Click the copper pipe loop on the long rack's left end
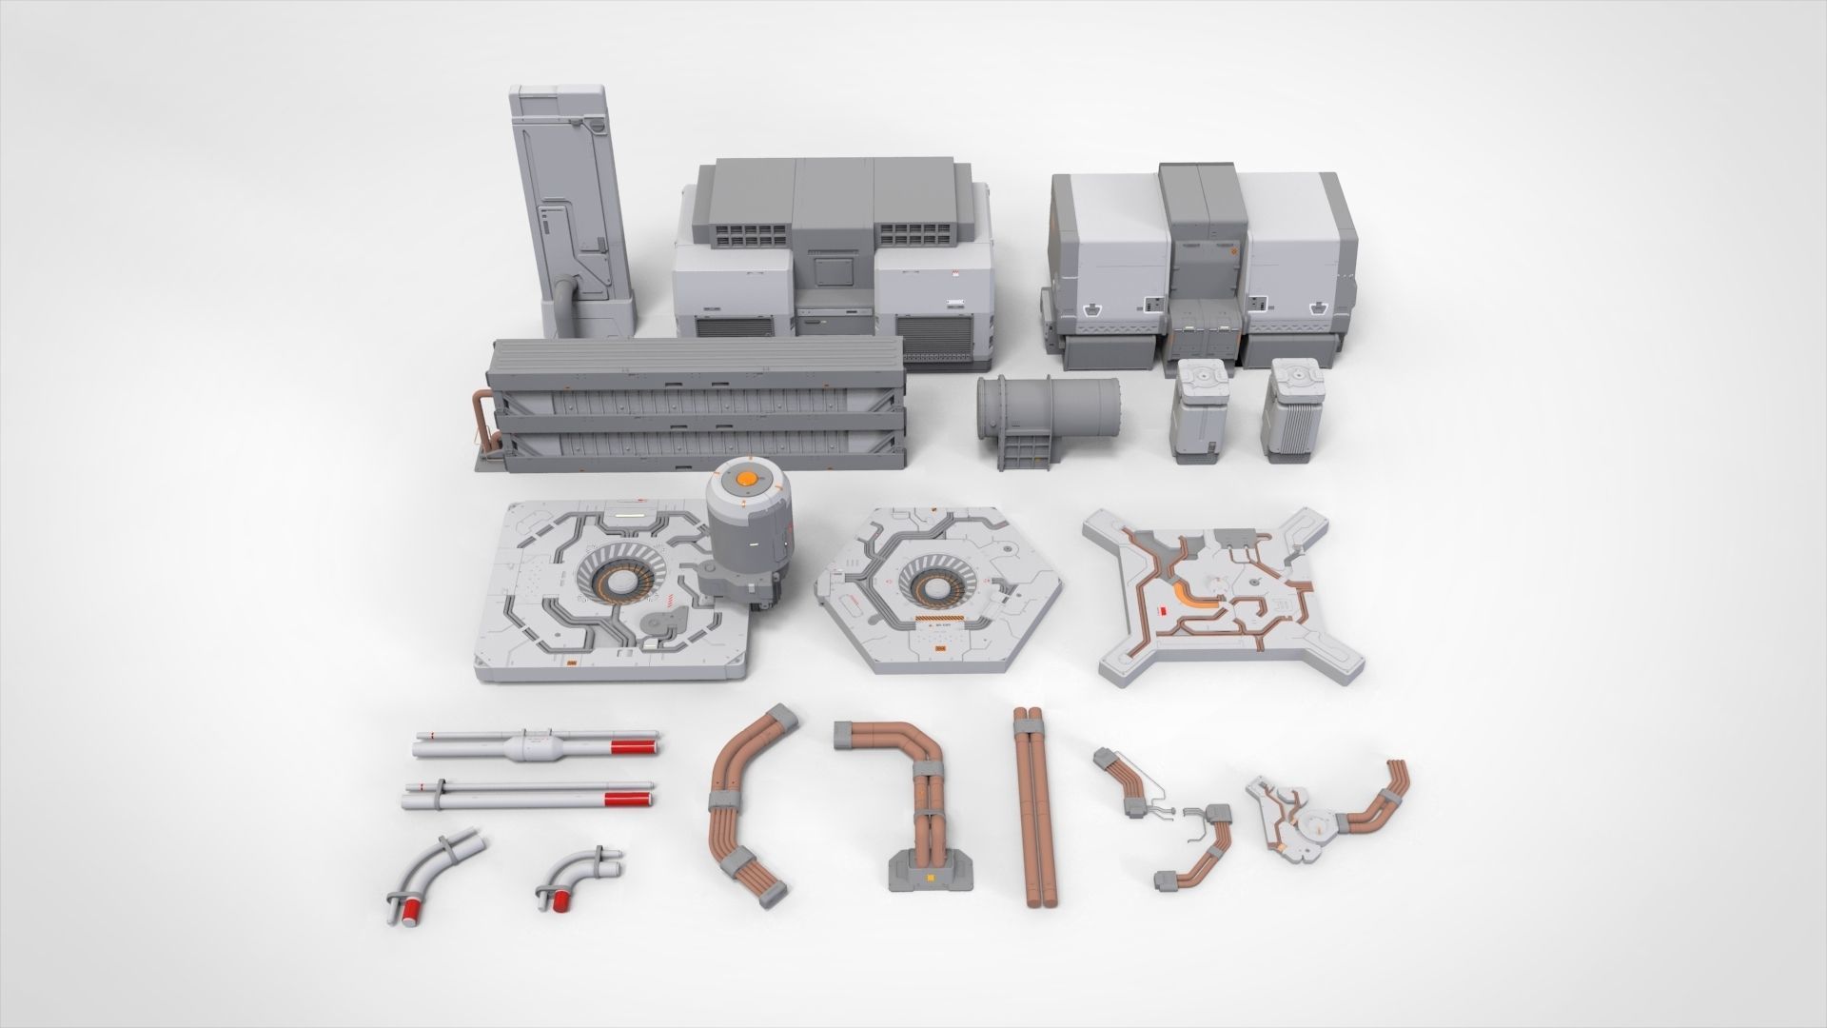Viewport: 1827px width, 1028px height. pyautogui.click(x=481, y=419)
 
